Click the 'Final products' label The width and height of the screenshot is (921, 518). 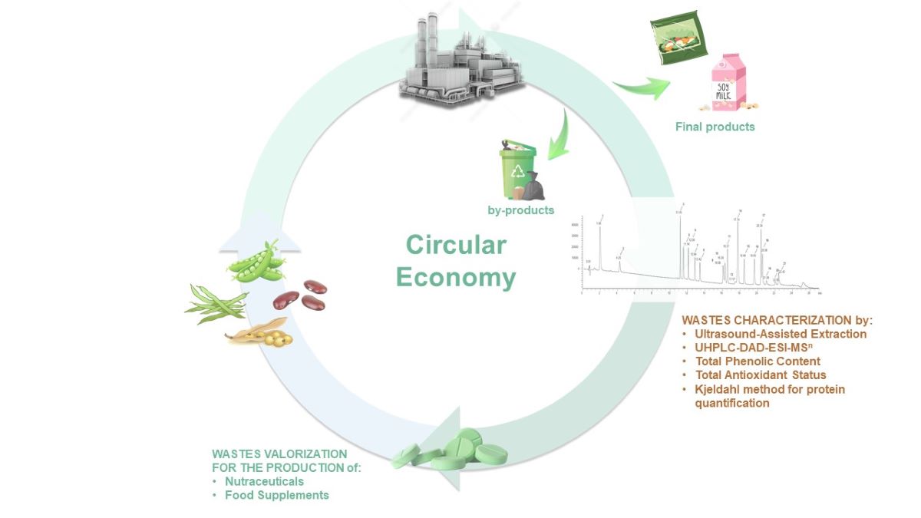pyautogui.click(x=715, y=127)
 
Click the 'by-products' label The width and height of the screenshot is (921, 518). pyautogui.click(x=520, y=210)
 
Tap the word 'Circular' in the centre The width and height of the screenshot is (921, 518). pyautogui.click(x=456, y=245)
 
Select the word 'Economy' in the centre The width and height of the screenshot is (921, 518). pyautogui.click(x=456, y=277)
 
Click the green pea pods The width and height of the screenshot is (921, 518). pyautogui.click(x=258, y=263)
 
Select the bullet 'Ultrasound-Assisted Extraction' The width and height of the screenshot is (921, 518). pyautogui.click(x=780, y=334)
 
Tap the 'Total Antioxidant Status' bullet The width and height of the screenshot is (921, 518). pyautogui.click(x=760, y=375)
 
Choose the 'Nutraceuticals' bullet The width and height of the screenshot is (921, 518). pyautogui.click(x=264, y=481)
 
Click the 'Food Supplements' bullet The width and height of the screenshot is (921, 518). pyautogui.click(x=276, y=495)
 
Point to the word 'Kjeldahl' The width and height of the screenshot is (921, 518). pyautogui.click(x=719, y=389)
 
